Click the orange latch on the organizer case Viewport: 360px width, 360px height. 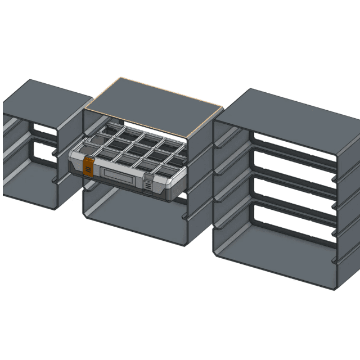(x=88, y=167)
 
